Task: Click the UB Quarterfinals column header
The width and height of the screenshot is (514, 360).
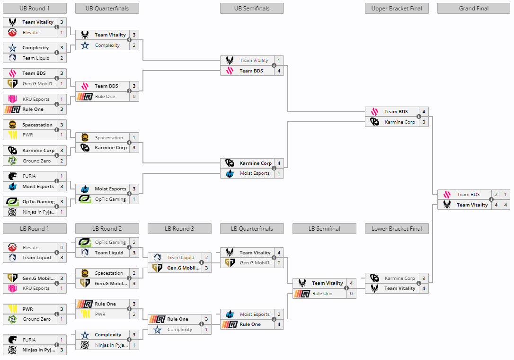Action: [106, 9]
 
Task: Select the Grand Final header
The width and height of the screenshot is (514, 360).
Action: [474, 9]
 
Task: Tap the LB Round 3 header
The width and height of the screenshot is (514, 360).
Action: [179, 229]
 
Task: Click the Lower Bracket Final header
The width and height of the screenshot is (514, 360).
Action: [397, 229]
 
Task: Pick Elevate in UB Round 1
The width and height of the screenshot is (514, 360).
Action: [30, 33]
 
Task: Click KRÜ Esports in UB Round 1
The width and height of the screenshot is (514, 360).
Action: [36, 99]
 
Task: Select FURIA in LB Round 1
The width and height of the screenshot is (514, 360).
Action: [29, 340]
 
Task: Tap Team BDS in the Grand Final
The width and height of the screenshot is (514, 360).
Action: [468, 195]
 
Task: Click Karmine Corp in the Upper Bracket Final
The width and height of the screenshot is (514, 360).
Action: [399, 122]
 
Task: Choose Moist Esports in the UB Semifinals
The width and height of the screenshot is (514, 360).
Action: [255, 173]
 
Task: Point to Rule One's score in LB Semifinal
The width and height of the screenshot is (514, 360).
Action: [351, 294]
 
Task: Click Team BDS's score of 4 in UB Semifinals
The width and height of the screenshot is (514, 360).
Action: [279, 71]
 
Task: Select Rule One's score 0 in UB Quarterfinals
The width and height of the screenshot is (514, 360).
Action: [134, 97]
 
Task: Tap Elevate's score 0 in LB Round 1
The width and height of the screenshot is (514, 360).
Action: [62, 248]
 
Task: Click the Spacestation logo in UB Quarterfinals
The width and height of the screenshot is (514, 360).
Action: [85, 138]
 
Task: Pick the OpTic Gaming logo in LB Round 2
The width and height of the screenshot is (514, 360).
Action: [85, 243]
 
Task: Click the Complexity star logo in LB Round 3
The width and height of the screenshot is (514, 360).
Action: [158, 330]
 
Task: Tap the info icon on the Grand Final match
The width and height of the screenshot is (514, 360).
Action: [491, 199]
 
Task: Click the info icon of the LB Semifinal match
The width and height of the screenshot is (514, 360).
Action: [346, 288]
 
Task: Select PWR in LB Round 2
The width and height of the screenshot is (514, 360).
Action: [100, 315]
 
